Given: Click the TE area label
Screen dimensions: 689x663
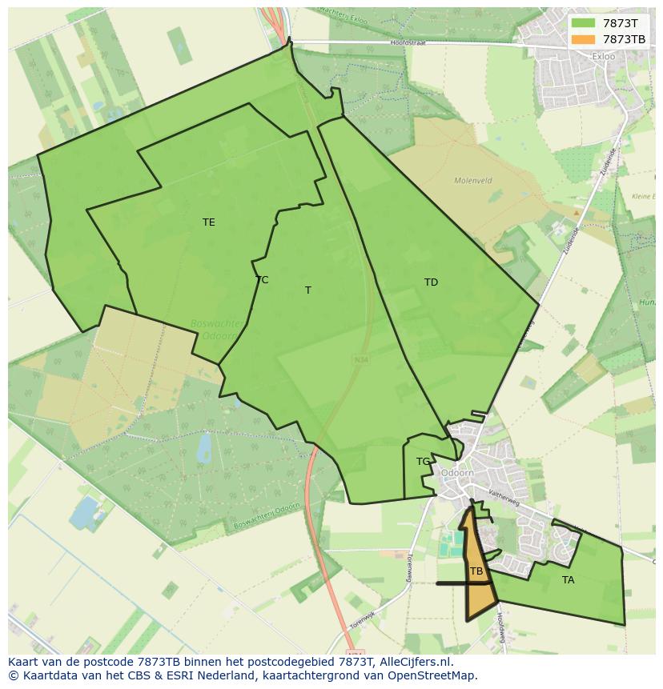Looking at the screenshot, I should click(x=208, y=222).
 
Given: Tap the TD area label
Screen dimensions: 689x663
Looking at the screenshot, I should click(x=431, y=282).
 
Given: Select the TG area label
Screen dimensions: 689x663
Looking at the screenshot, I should click(x=423, y=462).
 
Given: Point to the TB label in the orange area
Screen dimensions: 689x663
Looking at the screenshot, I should click(x=476, y=571).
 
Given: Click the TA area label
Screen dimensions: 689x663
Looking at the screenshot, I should click(x=568, y=580).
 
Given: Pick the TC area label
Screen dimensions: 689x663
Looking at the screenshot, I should click(x=262, y=280).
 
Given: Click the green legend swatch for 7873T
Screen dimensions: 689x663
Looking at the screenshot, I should click(x=583, y=23).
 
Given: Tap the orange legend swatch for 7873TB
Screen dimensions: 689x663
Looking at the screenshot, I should click(x=583, y=38).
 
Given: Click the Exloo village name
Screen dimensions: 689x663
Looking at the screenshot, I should click(x=603, y=57).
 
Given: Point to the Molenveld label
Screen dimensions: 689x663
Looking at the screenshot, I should click(x=472, y=181).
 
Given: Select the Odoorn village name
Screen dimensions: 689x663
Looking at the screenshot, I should click(x=457, y=473).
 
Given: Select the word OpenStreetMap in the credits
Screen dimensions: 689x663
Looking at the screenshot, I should click(x=433, y=675).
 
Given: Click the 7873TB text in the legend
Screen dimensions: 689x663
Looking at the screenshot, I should click(x=624, y=38).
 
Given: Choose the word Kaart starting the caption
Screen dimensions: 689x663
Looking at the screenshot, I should click(x=24, y=662).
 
